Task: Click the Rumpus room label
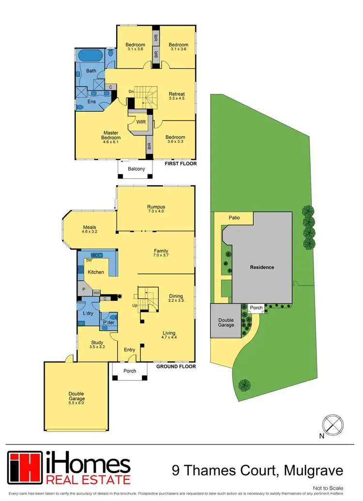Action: (x=156, y=209)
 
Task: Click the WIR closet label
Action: (x=141, y=122)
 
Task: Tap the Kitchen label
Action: (x=96, y=272)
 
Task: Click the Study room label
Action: (x=97, y=344)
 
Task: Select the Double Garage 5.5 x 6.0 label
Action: (x=76, y=399)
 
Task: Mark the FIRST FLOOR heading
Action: (x=180, y=164)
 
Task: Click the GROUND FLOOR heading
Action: (x=176, y=366)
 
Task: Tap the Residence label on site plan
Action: (x=262, y=267)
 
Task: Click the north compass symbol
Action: (x=332, y=425)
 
